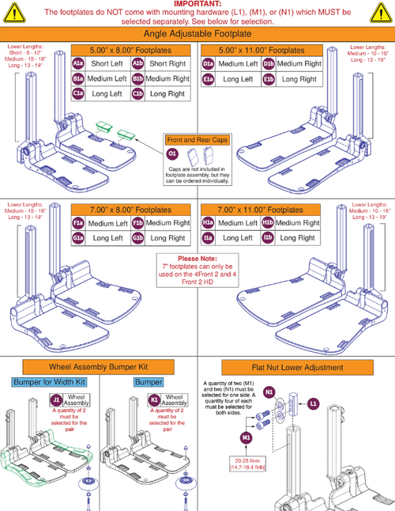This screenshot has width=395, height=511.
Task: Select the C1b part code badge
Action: click(137, 93)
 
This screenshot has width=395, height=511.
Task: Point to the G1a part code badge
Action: click(79, 237)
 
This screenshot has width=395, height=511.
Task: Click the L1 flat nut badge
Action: click(314, 403)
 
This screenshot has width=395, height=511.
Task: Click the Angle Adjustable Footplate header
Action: click(197, 35)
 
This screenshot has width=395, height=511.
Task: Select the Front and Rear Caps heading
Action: click(197, 139)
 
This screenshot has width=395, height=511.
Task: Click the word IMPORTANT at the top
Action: click(197, 4)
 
